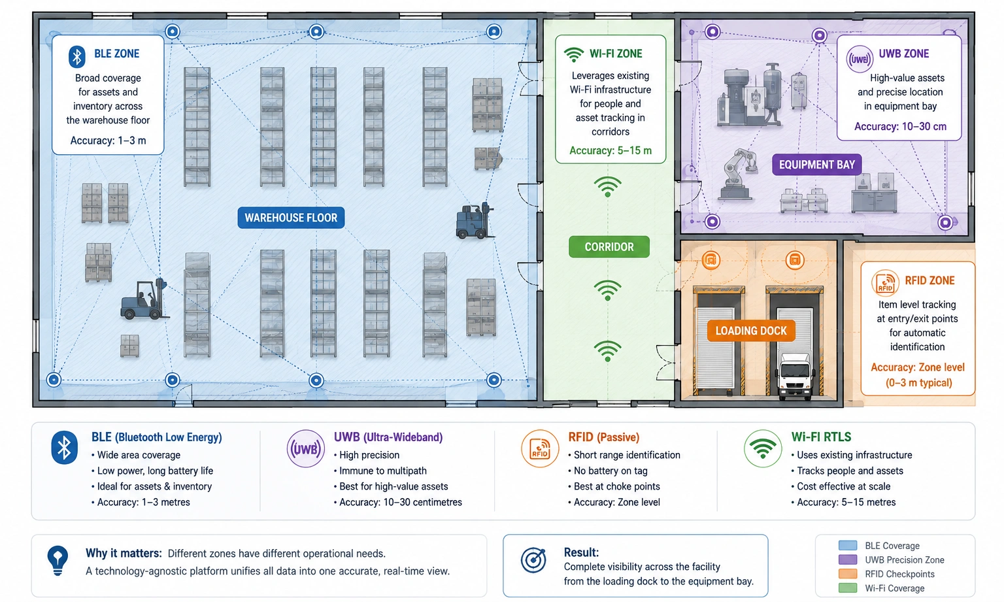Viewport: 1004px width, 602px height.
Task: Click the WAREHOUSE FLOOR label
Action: point(291,218)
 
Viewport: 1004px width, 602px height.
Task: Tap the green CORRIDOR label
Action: point(609,246)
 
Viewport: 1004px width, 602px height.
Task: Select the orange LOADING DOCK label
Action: point(751,331)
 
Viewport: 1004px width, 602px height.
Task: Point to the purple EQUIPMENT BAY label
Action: point(816,165)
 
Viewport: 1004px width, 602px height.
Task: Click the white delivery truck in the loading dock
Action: point(795,376)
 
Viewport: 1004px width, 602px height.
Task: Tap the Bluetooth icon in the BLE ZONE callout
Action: point(77,57)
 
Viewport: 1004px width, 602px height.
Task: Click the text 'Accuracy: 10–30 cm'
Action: point(900,126)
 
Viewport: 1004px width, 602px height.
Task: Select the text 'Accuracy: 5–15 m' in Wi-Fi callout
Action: point(610,150)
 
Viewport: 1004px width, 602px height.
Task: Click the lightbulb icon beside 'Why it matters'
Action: point(58,560)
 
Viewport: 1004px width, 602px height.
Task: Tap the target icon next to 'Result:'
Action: point(533,560)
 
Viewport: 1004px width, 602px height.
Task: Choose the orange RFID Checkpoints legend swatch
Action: point(848,574)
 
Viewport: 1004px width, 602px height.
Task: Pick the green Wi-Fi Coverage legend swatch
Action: point(848,588)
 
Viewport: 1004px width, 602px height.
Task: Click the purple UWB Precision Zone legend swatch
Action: point(848,560)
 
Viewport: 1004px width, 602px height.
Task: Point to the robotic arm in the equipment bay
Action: point(737,174)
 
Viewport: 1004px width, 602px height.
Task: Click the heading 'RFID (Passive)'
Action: point(604,437)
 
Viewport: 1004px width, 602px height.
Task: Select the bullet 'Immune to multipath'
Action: point(380,471)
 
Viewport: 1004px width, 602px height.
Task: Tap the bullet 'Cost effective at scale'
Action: point(841,486)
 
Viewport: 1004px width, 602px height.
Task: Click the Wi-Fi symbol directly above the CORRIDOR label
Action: point(607,186)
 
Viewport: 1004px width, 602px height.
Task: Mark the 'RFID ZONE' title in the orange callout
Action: point(929,280)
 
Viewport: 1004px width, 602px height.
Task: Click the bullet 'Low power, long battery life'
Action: point(152,471)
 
